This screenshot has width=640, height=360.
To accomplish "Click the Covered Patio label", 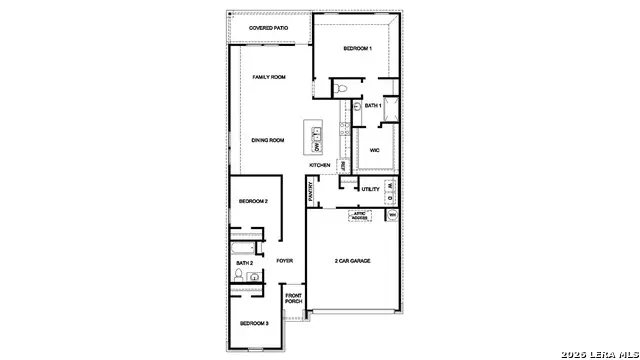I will [x=269, y=28].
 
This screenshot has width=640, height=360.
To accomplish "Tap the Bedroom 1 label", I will [x=358, y=49].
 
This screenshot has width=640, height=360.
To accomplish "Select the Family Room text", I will [x=269, y=77].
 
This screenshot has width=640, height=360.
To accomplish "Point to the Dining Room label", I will [x=268, y=140].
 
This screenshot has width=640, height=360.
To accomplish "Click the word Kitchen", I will [x=320, y=165].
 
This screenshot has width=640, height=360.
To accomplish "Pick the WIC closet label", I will [x=374, y=150].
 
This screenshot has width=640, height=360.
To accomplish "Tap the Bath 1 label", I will [x=373, y=105].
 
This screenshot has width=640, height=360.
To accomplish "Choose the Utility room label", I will [x=370, y=189].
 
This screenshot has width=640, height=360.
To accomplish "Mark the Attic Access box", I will [x=359, y=215].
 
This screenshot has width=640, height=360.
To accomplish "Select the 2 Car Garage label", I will [x=352, y=261].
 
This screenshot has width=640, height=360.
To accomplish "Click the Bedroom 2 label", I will [x=253, y=202].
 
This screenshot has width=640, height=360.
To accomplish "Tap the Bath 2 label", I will [x=245, y=263].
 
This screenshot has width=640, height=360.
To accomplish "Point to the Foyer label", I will [x=285, y=261].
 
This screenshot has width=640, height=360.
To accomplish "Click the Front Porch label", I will [x=294, y=299].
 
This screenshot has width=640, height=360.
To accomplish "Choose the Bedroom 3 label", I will [x=253, y=323].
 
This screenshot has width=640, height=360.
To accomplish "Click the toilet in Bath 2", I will [x=240, y=274].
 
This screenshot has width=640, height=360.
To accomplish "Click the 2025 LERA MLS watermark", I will [x=597, y=353].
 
